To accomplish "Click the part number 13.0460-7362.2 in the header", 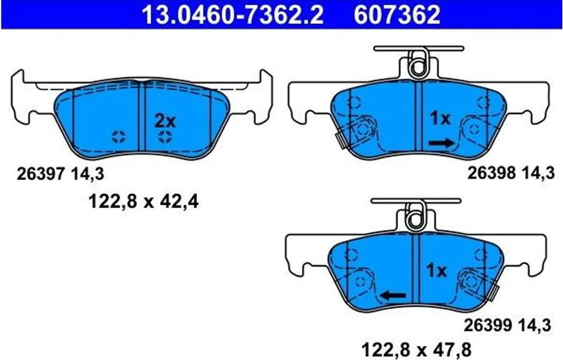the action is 233,14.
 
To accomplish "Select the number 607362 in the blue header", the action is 397,14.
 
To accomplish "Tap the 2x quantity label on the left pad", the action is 165,121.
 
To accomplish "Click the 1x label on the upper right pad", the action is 440,118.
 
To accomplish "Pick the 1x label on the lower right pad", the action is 436,270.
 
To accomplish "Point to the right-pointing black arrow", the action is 441,143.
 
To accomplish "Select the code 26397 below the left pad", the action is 41,174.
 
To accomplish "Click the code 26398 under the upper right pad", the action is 491,173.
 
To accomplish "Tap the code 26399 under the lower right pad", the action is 488,325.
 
